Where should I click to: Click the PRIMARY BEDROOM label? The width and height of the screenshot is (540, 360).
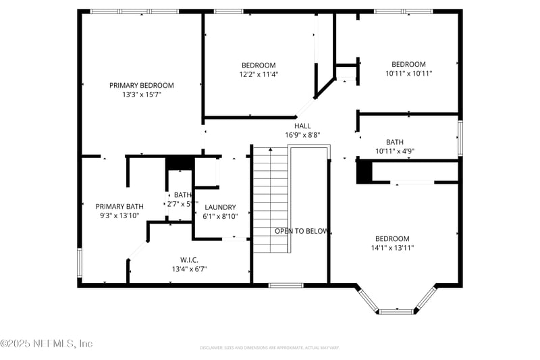click(x=142, y=85)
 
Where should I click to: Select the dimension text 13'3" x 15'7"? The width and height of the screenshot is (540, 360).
click(x=142, y=95)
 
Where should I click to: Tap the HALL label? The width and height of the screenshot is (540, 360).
click(x=302, y=126)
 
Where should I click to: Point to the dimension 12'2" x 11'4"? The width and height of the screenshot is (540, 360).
click(x=259, y=74)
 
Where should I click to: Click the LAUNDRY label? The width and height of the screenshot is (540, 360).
click(x=220, y=207)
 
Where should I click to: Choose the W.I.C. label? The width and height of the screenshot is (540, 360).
click(x=189, y=259)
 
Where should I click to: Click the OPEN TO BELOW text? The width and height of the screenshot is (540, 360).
click(x=302, y=231)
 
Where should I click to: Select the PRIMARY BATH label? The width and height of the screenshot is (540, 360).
click(x=119, y=206)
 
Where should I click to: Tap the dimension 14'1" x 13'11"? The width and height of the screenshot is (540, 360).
click(x=392, y=248)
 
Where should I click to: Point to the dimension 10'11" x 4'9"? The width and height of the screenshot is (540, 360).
click(x=395, y=151)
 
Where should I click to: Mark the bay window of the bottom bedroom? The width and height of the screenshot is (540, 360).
click(x=396, y=303)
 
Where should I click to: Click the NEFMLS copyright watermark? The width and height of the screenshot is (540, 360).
click(x=47, y=344)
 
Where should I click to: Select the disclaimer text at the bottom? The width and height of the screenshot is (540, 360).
click(x=269, y=348)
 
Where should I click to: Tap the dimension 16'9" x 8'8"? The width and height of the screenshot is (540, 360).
click(x=302, y=135)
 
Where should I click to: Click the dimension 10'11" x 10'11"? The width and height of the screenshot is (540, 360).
click(x=409, y=74)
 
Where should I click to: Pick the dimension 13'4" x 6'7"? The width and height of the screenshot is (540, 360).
click(x=189, y=269)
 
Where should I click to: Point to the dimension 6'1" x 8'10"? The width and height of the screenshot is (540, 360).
click(x=220, y=217)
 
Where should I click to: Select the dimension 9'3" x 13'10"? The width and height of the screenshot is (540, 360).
click(x=119, y=215)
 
